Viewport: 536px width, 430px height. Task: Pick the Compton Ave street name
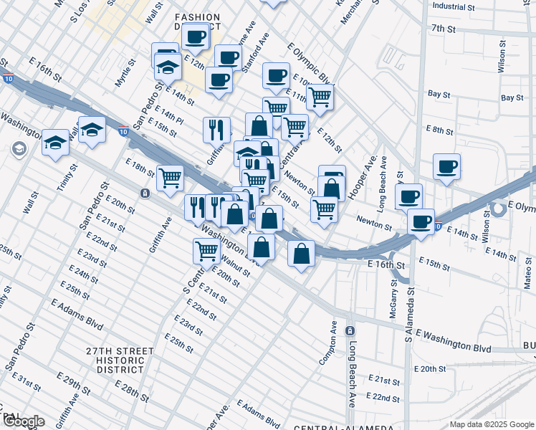(x=333, y=343)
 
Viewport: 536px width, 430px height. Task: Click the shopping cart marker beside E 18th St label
(x=171, y=177)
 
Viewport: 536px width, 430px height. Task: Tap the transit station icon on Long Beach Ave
(x=350, y=330)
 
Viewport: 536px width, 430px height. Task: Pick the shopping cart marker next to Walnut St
(x=206, y=250)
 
